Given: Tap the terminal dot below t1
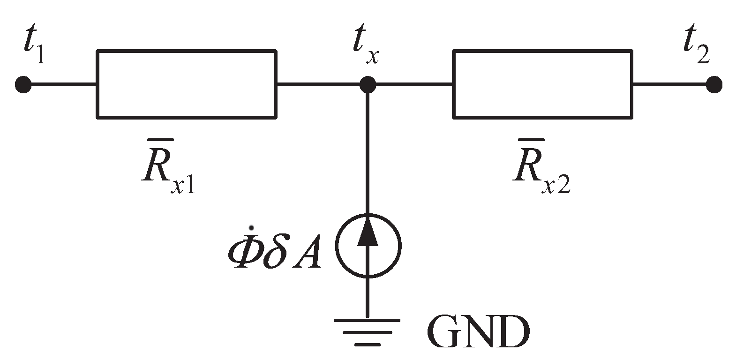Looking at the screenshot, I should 23,85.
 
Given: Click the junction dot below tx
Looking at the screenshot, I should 368,85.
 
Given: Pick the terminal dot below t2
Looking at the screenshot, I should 713,85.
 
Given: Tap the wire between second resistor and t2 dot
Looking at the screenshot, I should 670,85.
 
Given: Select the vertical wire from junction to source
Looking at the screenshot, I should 368,150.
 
